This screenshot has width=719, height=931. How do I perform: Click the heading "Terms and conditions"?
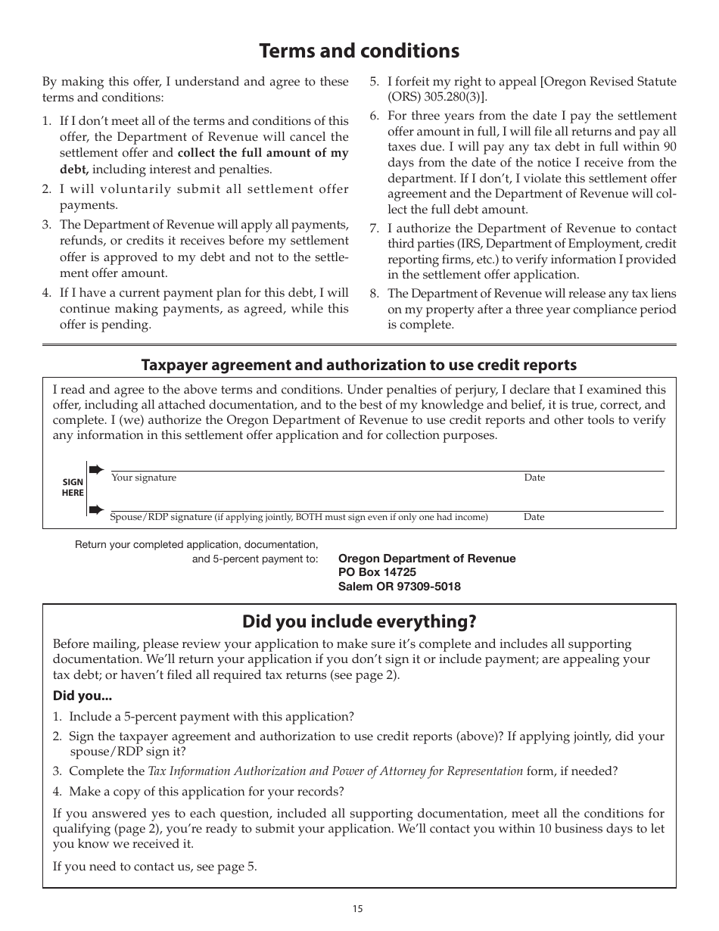click(x=359, y=51)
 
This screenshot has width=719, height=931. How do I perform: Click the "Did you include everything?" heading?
click(x=359, y=621)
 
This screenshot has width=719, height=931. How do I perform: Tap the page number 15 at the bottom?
click(x=357, y=909)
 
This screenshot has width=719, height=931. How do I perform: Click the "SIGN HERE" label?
click(x=73, y=487)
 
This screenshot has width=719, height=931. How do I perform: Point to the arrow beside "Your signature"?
click(x=96, y=470)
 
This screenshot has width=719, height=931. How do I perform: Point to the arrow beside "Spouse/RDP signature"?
click(x=96, y=509)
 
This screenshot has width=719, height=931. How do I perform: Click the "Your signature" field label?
click(x=144, y=478)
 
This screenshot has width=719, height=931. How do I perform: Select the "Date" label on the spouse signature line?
click(x=534, y=517)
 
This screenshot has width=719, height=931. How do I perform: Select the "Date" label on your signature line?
click(x=534, y=478)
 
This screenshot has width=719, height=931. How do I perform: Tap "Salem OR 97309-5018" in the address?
click(x=399, y=586)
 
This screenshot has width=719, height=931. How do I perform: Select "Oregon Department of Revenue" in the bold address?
click(x=427, y=559)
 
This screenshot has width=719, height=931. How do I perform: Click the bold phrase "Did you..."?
click(x=82, y=696)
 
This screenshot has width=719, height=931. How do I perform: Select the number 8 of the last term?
click(x=373, y=294)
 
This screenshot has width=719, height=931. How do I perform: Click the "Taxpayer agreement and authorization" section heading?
click(x=359, y=365)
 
